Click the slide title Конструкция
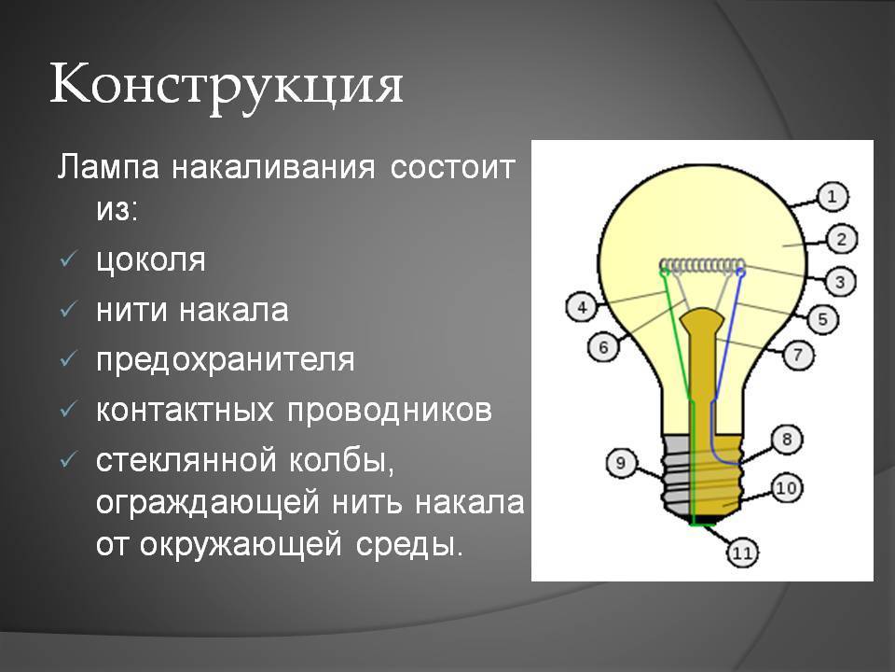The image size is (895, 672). click(x=227, y=86)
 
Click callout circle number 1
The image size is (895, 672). click(x=833, y=197)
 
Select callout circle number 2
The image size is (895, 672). click(x=841, y=239)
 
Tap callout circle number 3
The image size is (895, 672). click(x=840, y=281)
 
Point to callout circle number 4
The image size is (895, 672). click(x=581, y=307)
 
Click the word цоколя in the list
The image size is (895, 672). click(x=151, y=260)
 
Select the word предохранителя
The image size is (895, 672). click(x=226, y=360)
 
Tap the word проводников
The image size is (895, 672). click(x=390, y=410)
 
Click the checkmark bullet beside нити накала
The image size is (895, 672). click(x=67, y=310)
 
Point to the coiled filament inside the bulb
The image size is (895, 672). click(x=703, y=264)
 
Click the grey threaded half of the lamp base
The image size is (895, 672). click(x=677, y=475)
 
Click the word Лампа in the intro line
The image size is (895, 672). click(x=108, y=168)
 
